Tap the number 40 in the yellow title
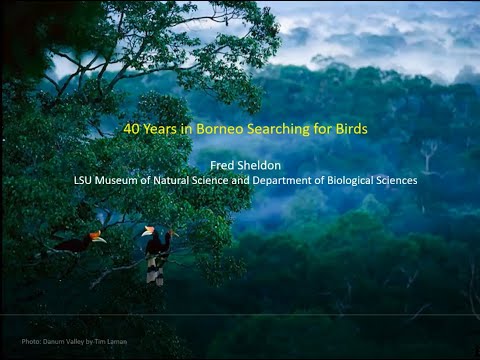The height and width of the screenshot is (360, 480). pyautogui.click(x=131, y=129)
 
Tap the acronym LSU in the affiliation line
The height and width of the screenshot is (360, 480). pyautogui.click(x=84, y=181)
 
